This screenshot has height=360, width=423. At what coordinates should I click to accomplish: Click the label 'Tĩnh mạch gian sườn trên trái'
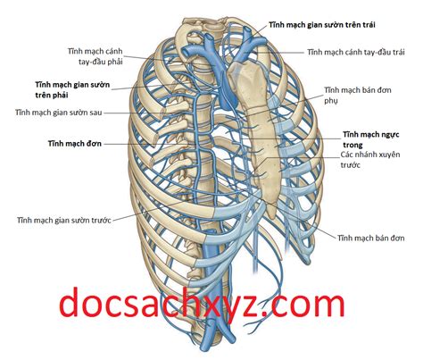[322, 25]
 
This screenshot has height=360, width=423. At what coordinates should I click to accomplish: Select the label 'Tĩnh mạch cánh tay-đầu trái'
[356, 52]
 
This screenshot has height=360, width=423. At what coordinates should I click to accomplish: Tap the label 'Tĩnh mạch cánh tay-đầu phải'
[95, 56]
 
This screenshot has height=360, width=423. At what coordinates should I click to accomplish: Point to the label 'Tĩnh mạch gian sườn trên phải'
[72, 89]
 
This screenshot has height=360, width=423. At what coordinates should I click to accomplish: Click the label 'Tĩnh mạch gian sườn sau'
[59, 113]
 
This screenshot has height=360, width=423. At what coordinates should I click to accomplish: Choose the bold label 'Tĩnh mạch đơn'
[75, 144]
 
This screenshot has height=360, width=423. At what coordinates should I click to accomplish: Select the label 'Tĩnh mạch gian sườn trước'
[64, 221]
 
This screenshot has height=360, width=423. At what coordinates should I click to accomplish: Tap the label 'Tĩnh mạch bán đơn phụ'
[358, 96]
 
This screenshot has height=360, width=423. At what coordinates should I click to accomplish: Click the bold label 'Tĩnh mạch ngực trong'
[371, 139]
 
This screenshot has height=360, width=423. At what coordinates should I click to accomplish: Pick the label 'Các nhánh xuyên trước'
[370, 160]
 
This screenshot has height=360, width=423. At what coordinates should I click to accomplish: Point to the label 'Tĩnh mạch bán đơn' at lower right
[371, 238]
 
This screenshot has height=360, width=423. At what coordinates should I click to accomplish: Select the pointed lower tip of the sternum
[272, 217]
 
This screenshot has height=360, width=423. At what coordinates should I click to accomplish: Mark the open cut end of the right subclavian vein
[184, 53]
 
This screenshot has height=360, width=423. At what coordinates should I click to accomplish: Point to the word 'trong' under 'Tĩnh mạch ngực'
[352, 145]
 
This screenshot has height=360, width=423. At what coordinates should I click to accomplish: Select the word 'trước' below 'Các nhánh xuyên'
[350, 164]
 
